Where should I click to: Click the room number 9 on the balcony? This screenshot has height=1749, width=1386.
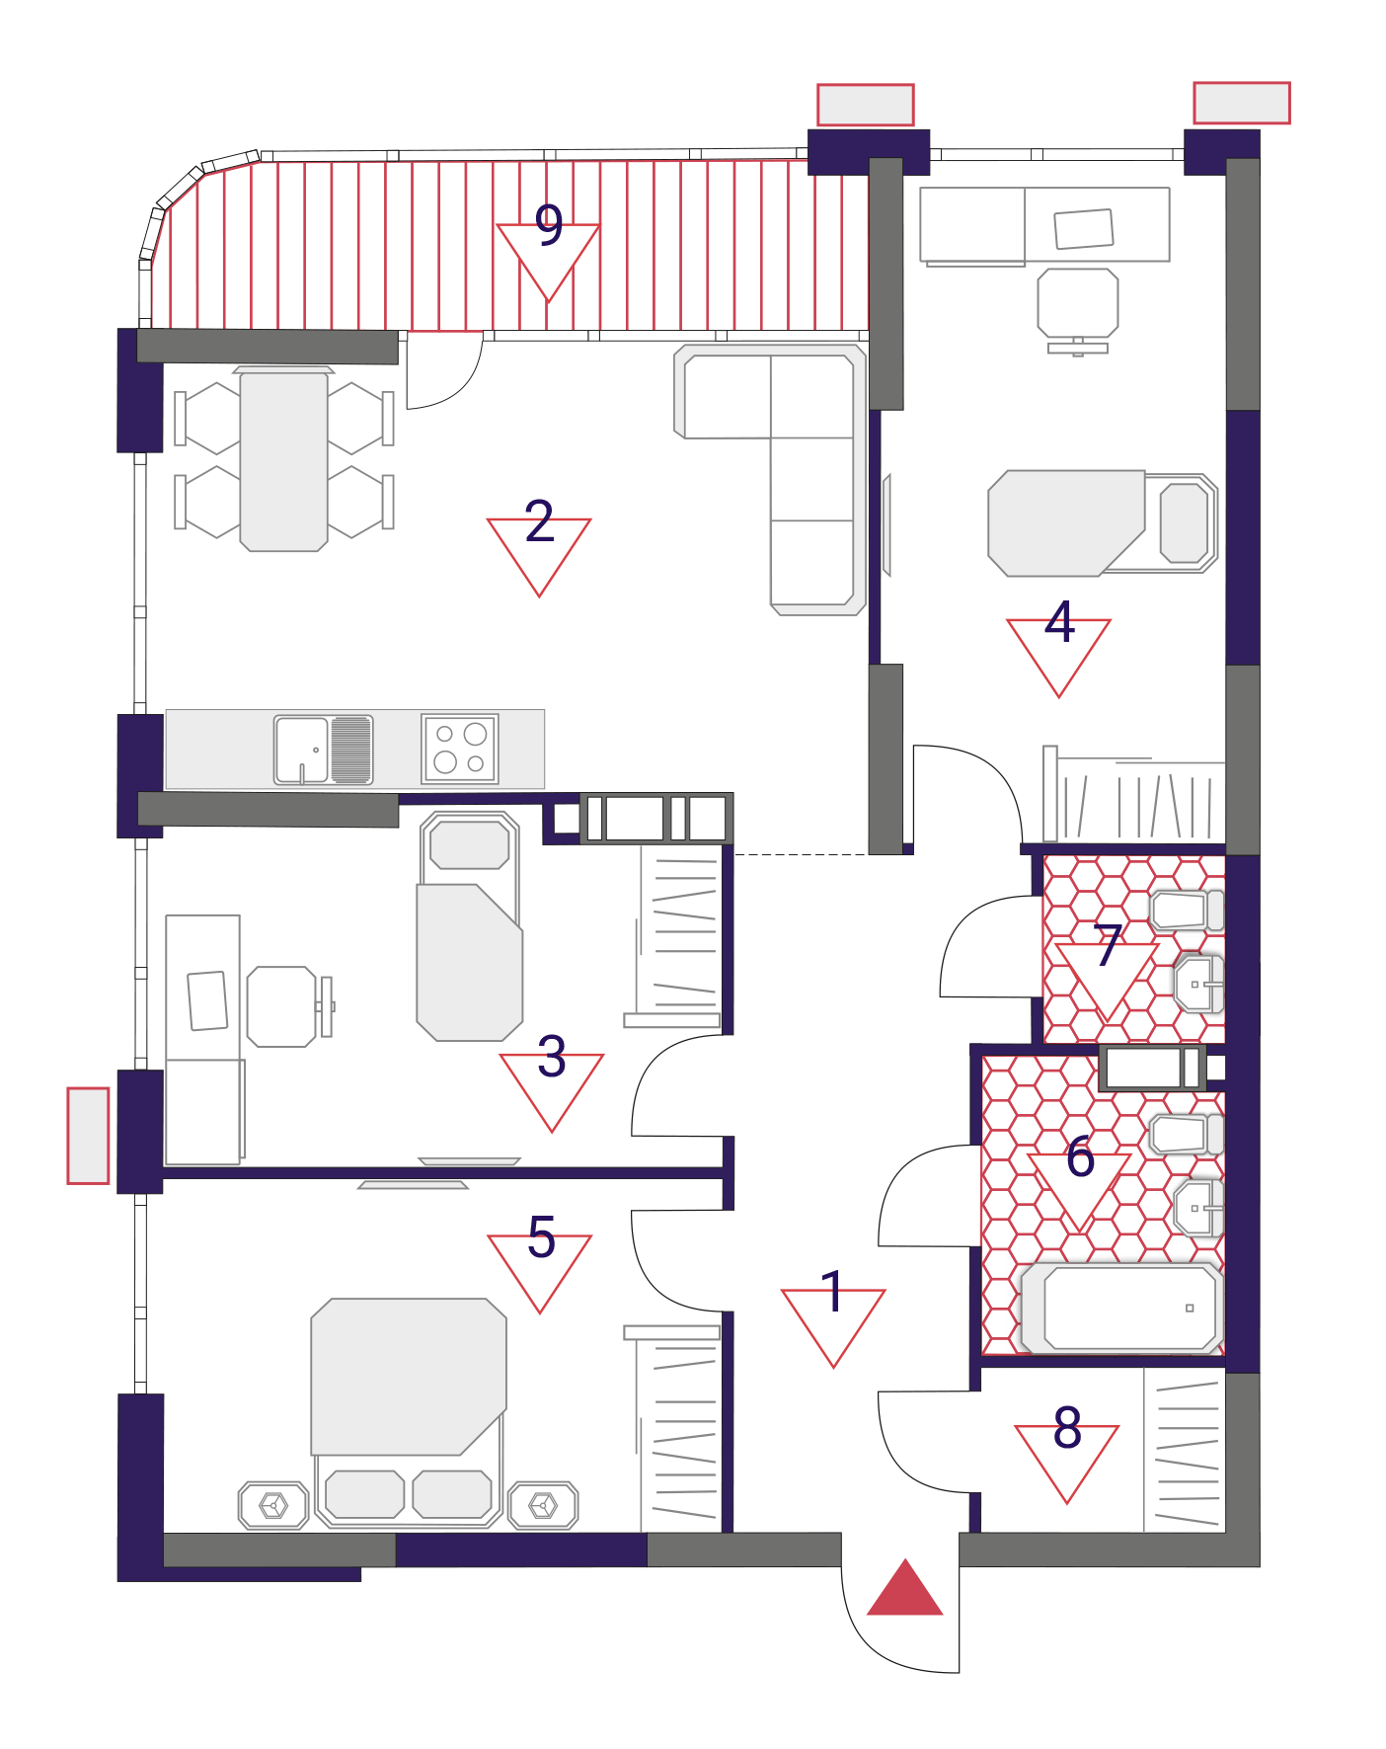pos(549,225)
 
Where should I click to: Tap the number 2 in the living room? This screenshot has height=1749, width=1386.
pos(539,520)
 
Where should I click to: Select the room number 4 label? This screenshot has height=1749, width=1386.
pos(1059,622)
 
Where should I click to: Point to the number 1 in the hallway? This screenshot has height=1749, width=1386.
pos(833,1292)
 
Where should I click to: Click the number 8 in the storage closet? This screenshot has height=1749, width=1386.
pos(1067,1427)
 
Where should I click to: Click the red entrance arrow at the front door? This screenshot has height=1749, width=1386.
pos(905,1588)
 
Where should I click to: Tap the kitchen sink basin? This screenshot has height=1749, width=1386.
pos(302,750)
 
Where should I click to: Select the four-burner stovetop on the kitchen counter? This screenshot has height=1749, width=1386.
pos(460,749)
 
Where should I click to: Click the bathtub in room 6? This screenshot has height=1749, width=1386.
pos(1121,1308)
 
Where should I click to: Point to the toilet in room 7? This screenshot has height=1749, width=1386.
pos(1188,911)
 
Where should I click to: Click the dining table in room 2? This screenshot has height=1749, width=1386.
pos(284,461)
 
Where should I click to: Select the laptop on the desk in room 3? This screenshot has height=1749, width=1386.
pos(207,1001)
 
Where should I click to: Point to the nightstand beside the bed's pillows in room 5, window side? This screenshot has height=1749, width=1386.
pos(273,1506)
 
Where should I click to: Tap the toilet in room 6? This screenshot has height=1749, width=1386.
pos(1188,1135)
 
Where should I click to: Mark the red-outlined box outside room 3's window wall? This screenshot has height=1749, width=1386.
pos(88,1136)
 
